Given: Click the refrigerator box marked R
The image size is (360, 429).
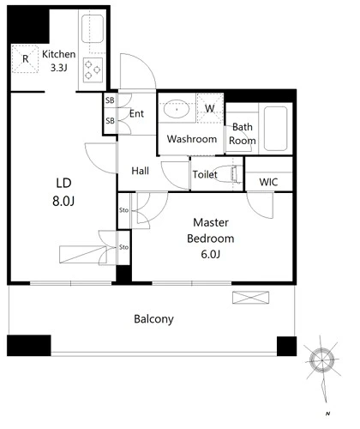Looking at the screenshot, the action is point(25,59).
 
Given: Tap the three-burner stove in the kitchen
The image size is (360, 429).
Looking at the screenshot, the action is point(93,70).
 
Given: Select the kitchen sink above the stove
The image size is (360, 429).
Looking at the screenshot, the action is point(93,29).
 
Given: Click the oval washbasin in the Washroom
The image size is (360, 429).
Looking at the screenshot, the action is point(177,109).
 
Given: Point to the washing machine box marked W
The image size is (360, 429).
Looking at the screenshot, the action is point(210,108).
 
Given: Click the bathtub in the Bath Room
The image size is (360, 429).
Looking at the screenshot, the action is point(275,129).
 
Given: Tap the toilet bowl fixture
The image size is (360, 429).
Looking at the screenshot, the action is point(229,173).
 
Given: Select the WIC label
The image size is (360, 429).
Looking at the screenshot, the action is point(268,182).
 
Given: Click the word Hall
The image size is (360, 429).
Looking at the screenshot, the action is point(140,171).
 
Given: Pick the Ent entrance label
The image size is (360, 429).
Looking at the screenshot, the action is point(136,113).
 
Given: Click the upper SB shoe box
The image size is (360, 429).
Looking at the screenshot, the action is point(110,100).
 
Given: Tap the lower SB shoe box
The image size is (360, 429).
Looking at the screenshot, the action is point(110,121).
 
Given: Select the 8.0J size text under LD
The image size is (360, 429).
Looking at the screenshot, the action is point(63,202).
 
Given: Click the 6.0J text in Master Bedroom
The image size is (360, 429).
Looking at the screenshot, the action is point(211,254).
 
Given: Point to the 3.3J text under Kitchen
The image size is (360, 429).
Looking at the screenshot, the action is point(58,68).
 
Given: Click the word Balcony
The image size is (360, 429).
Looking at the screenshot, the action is point(153,319).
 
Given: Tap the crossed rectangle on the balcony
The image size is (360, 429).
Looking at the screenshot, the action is point(250,298).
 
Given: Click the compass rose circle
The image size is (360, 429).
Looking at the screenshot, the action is point(322,360).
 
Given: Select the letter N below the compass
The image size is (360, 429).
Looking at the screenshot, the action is point(327,414).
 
